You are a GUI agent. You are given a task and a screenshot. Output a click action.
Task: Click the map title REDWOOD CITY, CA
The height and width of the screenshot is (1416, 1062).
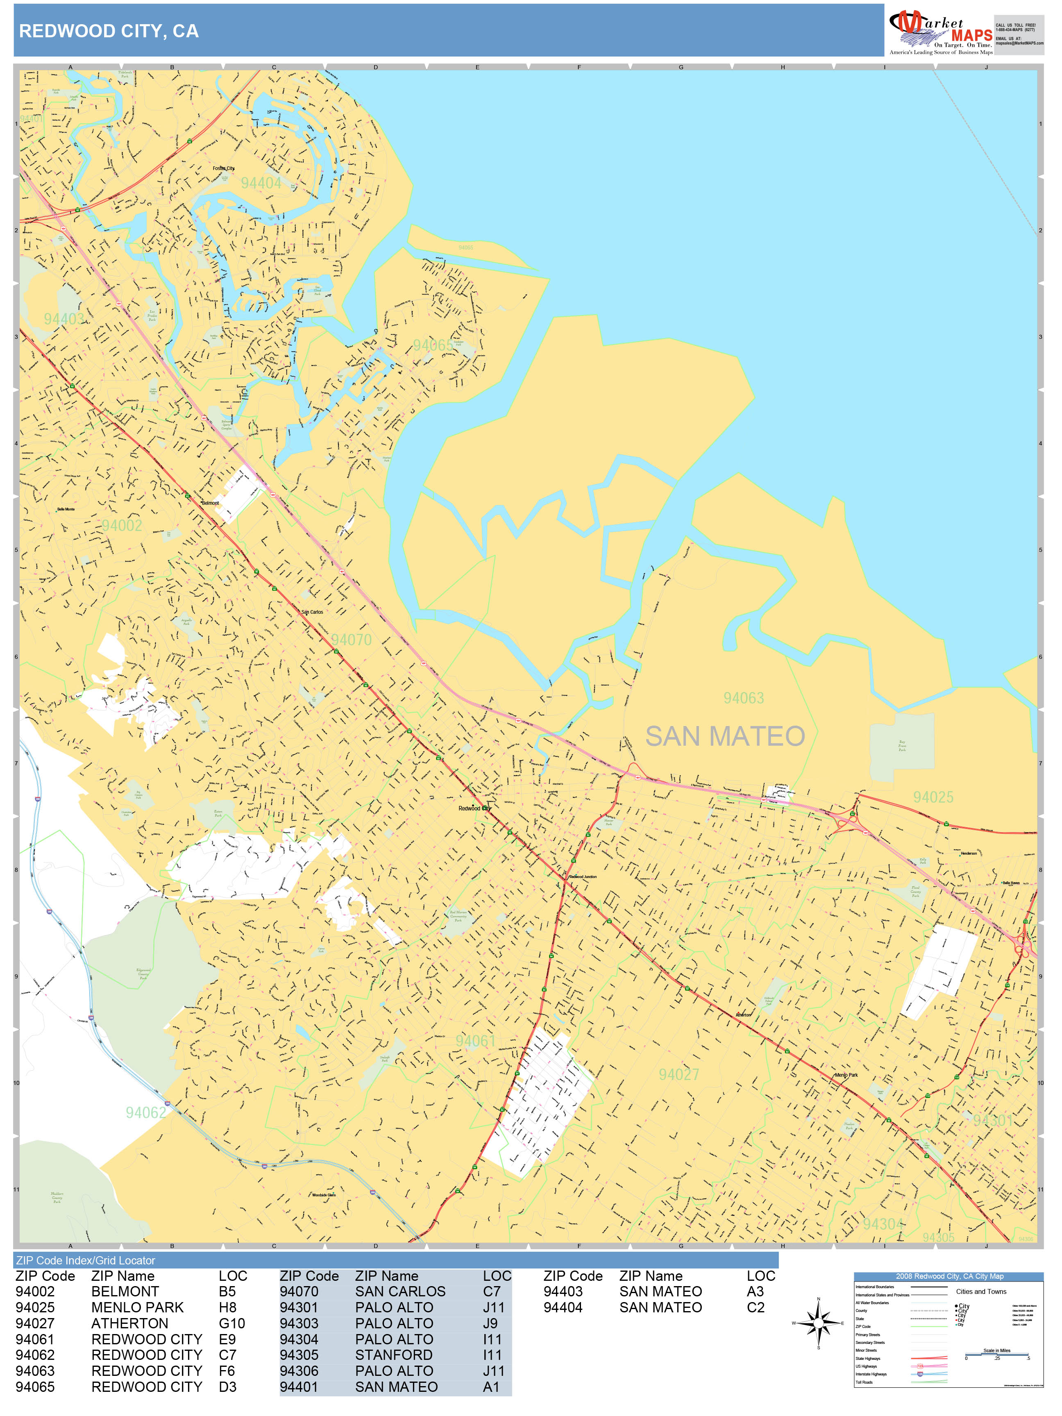click(x=109, y=31)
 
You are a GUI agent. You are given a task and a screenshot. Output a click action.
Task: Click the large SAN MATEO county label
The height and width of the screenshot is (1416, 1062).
click(x=725, y=736)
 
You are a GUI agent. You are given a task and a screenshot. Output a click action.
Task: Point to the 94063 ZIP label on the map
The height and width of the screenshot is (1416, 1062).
click(x=743, y=698)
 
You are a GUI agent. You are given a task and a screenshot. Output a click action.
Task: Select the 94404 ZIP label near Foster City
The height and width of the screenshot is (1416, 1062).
click(x=261, y=183)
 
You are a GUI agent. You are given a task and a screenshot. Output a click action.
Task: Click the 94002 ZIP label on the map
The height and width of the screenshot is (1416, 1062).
click(x=122, y=526)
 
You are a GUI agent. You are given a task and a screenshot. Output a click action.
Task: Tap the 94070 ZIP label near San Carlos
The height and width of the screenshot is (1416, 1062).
click(x=351, y=640)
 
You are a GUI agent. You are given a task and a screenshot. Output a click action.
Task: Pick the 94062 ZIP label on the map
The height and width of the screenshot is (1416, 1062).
click(x=145, y=1112)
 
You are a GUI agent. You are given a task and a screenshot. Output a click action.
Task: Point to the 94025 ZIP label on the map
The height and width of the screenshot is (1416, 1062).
click(x=933, y=797)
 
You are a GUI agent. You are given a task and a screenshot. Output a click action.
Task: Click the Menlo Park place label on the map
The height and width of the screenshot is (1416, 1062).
click(x=846, y=1075)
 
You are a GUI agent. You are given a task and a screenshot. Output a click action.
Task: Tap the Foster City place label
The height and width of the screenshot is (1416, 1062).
click(x=223, y=168)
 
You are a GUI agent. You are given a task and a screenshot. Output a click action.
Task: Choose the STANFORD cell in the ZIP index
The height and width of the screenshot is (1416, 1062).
click(x=394, y=1355)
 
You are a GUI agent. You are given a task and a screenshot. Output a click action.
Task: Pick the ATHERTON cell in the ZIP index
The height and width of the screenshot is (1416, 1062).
click(x=130, y=1323)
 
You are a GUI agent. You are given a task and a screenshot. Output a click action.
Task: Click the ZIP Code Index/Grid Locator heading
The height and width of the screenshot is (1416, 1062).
click(x=86, y=1260)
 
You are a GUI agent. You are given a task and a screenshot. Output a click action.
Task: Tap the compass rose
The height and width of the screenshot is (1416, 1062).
click(x=818, y=1323)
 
